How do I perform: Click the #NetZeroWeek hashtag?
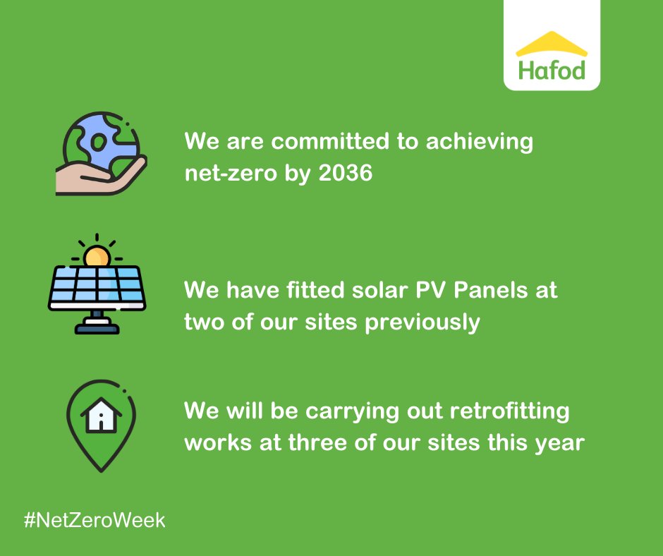point(95,521)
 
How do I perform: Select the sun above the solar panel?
point(97,256)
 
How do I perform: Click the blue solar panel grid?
point(97,288)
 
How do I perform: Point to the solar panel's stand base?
point(97,327)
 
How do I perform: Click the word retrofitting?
point(509,411)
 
